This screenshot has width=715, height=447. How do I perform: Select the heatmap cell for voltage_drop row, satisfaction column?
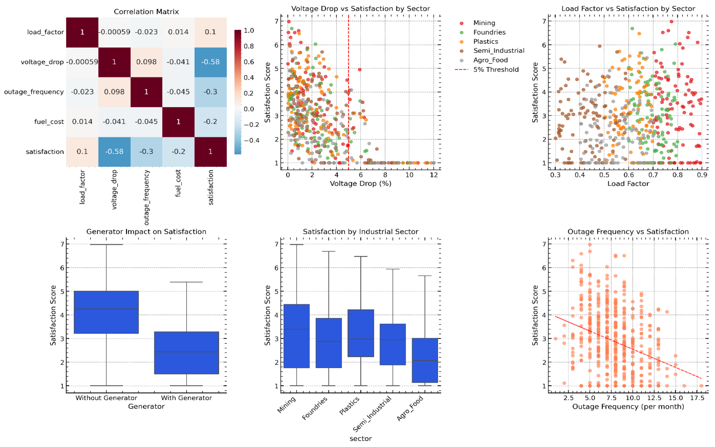click(x=210, y=62)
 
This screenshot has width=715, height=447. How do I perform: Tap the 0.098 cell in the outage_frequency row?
click(x=114, y=92)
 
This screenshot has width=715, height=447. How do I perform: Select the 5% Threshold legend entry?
click(x=496, y=70)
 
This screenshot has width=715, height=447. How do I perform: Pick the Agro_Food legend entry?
click(x=490, y=60)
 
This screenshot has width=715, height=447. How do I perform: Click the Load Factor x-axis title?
click(x=628, y=184)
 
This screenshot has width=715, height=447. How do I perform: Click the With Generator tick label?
click(x=186, y=398)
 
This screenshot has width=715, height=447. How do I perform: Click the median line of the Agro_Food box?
click(x=425, y=360)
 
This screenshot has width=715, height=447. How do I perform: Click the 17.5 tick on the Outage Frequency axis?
click(x=697, y=398)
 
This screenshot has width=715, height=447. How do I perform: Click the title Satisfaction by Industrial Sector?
click(x=360, y=231)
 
